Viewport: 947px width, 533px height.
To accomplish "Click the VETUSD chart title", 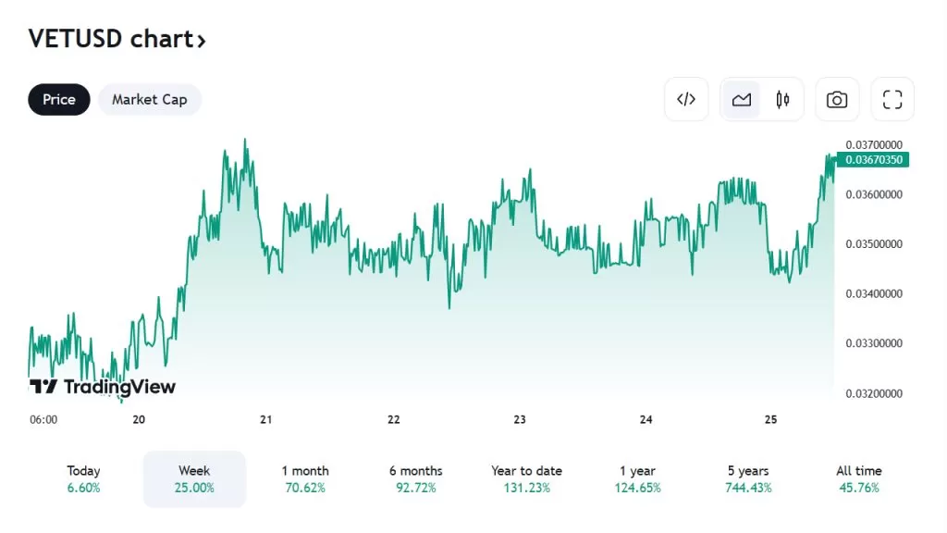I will click(117, 39).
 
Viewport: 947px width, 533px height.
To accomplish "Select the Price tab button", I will click(59, 99).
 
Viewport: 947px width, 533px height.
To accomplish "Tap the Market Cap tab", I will click(149, 99).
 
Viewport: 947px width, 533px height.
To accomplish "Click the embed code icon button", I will click(686, 99).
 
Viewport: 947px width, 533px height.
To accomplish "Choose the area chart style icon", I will click(741, 99).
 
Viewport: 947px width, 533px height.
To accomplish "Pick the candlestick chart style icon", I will click(782, 99).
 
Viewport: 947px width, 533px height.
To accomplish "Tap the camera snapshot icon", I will click(837, 99).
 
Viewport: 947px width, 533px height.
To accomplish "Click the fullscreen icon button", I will click(892, 99).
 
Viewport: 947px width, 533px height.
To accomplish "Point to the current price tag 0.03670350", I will click(874, 160).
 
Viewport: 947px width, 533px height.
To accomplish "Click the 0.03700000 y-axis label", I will click(874, 144).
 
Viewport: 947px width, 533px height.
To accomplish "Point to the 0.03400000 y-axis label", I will click(874, 293).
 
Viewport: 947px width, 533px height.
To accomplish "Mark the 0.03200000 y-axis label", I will click(874, 393).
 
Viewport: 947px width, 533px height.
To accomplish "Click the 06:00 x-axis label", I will click(43, 419).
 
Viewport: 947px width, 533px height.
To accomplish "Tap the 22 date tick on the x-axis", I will click(393, 419).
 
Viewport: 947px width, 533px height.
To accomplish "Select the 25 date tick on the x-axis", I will click(771, 419).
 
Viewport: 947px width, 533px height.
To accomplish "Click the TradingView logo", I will click(102, 387).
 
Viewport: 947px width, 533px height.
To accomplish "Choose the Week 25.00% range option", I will click(194, 478).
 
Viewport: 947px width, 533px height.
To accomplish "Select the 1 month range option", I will click(304, 478).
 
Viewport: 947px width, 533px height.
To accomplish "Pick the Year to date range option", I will click(526, 478).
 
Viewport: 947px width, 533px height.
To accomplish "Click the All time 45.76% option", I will click(858, 478).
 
